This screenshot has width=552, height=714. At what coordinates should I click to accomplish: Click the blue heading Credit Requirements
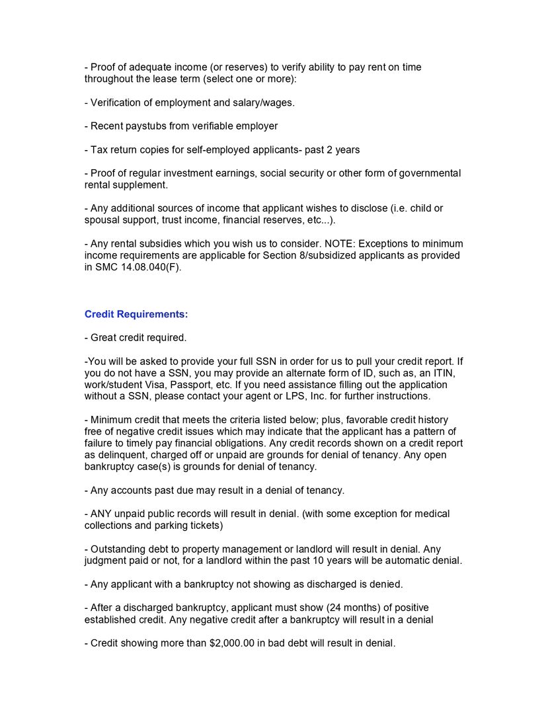[x=136, y=314]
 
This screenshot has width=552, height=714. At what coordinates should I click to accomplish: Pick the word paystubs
[x=145, y=126]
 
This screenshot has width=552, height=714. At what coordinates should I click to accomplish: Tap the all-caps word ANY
[x=102, y=514]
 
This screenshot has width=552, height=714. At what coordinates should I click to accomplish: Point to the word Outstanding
[x=118, y=549]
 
